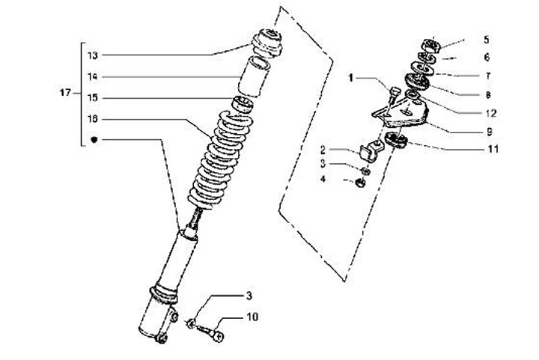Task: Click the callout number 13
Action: [92, 55]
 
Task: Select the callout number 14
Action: [92, 76]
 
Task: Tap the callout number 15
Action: [92, 97]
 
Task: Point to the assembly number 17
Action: [65, 93]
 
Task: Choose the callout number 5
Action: [486, 39]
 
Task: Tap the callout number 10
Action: [253, 317]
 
